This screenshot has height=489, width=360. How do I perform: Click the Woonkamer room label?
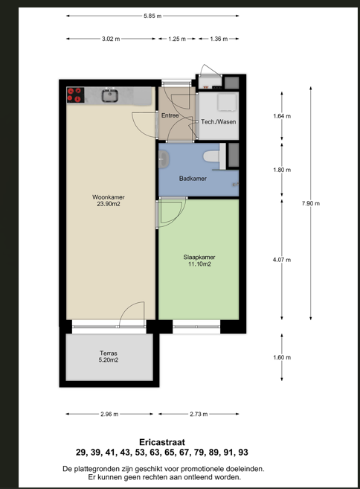coord(109,200)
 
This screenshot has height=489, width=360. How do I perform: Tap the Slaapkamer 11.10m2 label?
coord(199,261)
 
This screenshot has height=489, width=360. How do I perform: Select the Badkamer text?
coord(193,179)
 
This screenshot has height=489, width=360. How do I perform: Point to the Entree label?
coord(170,115)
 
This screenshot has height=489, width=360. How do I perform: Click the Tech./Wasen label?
coord(218,122)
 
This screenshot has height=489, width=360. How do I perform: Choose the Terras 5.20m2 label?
coord(109,357)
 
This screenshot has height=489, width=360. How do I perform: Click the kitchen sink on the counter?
coord(110,96)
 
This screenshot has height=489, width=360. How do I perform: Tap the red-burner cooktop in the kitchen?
coord(75,95)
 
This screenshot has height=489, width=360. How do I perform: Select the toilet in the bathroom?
coord(211,156)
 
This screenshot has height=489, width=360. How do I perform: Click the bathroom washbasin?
coord(164,159)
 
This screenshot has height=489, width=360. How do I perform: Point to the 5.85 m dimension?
coord(152,16)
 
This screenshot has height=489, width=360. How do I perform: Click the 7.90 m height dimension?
coord(311,203)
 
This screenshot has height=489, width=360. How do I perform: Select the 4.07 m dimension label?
coord(282,260)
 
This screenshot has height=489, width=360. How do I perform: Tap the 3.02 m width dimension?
coord(111,39)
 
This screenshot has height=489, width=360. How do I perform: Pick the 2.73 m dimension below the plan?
coord(199,414)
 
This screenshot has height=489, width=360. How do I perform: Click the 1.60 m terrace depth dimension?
coord(282,357)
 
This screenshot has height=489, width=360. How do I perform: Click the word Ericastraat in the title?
coord(162,442)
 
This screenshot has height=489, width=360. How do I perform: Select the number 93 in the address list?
coord(243,453)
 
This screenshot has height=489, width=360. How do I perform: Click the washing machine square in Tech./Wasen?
coord(227,102)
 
